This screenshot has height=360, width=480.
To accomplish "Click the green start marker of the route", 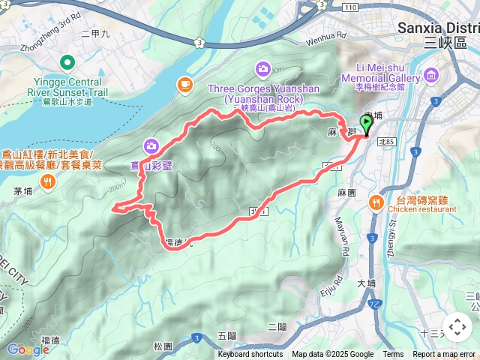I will [x=367, y=126].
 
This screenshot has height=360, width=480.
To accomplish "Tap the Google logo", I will [x=28, y=349].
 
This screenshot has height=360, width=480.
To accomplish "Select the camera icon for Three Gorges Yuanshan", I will [x=262, y=69].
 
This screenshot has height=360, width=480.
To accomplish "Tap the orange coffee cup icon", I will [x=184, y=84].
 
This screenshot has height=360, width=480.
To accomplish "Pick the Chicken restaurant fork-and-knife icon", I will [x=374, y=200].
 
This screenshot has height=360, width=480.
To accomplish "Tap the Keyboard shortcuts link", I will [x=250, y=355].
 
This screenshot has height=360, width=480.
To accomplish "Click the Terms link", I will [x=393, y=355].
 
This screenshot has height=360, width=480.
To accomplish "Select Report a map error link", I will [x=444, y=355].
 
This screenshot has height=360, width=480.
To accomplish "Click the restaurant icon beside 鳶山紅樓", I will [x=48, y=180].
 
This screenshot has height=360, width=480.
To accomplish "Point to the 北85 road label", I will [x=387, y=141].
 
